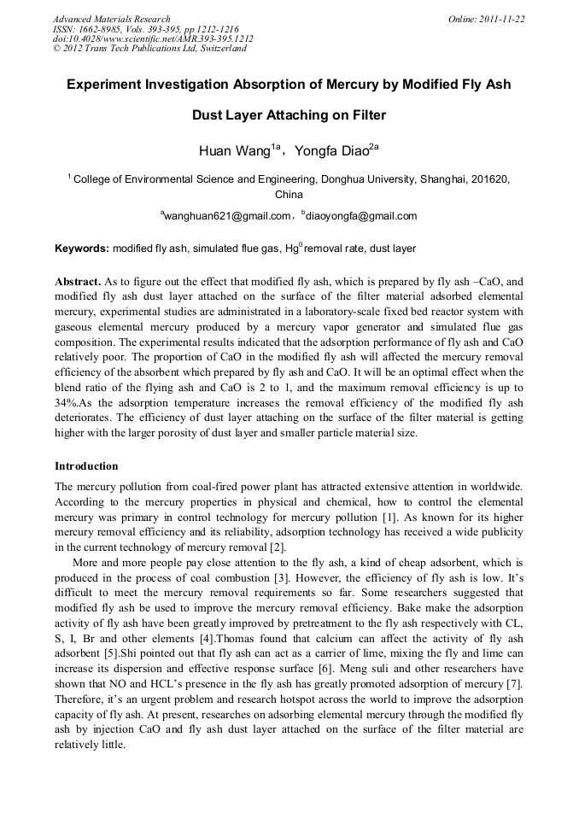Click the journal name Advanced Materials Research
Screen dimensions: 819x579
(111, 19)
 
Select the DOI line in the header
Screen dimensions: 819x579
(152, 38)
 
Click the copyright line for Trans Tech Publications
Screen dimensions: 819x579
(149, 49)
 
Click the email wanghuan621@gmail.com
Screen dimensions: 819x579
(227, 216)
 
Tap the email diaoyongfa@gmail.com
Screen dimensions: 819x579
(362, 216)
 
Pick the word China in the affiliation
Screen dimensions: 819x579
(289, 195)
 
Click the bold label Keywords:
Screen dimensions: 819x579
(82, 249)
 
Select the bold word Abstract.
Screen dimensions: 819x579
(78, 281)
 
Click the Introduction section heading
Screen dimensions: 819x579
(86, 466)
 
